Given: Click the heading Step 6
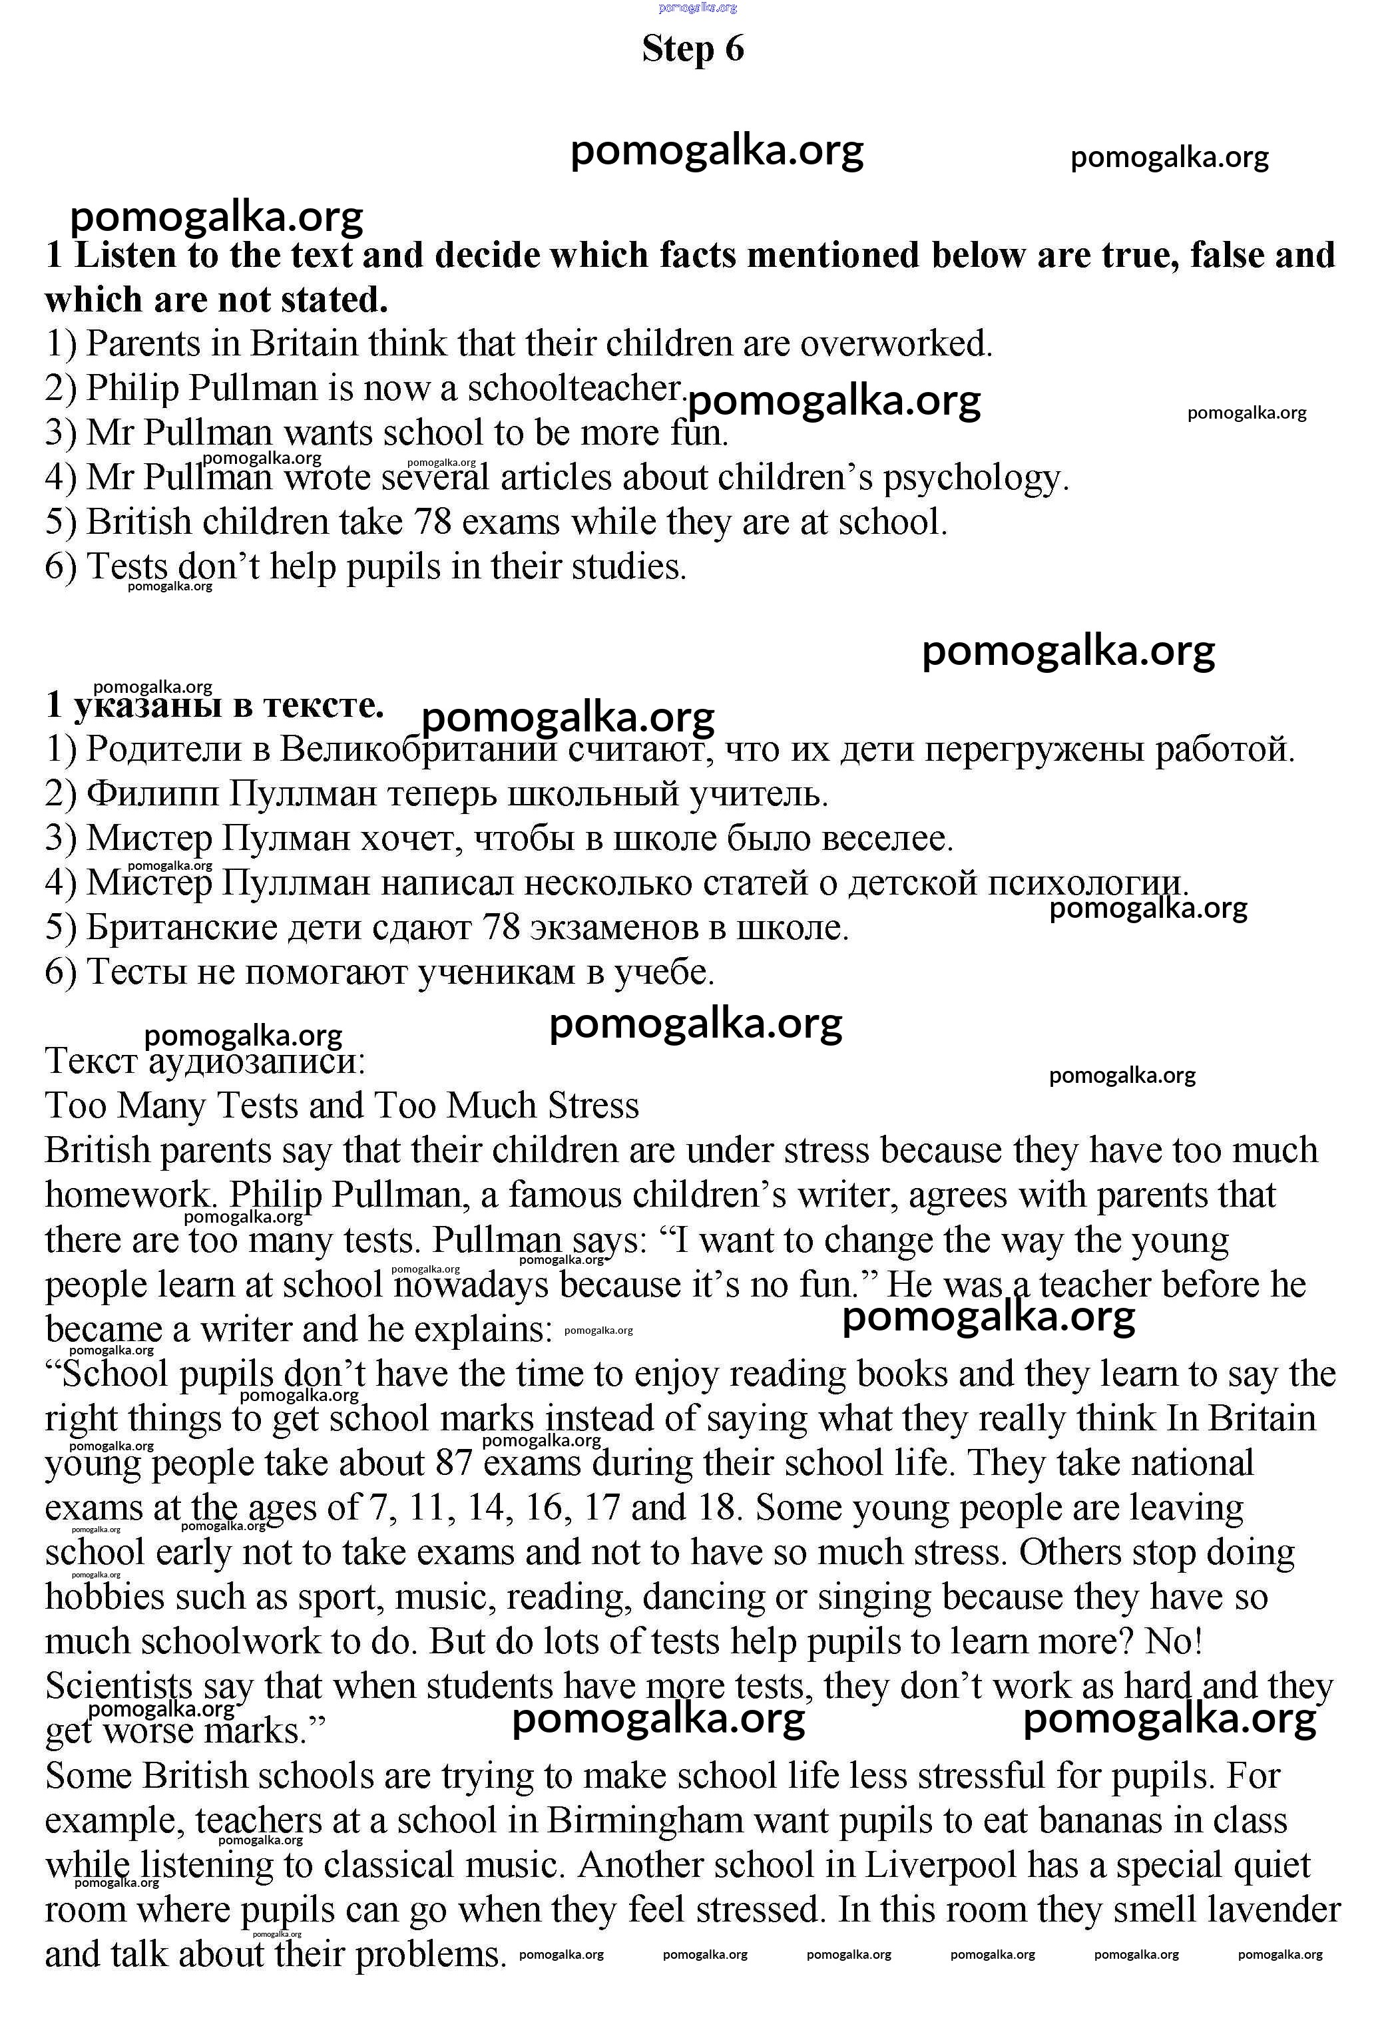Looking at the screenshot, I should tap(692, 49).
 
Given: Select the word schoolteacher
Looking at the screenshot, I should tap(574, 388).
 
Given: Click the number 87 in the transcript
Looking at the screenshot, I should tap(454, 1464).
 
